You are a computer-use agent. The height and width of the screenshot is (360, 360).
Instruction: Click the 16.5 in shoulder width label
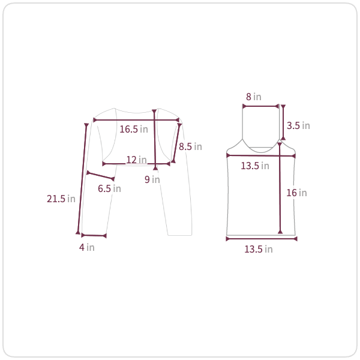(x=134, y=129)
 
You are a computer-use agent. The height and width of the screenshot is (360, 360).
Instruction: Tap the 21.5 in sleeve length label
(x=61, y=199)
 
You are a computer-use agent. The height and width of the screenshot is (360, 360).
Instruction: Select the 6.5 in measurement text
(x=109, y=188)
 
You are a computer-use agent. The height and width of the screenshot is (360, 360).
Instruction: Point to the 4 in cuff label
(x=87, y=247)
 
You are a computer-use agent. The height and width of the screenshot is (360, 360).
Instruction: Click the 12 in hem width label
(x=136, y=160)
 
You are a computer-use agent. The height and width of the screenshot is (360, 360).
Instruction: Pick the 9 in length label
(x=152, y=179)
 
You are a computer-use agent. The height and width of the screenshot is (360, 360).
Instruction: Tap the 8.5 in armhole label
(x=190, y=146)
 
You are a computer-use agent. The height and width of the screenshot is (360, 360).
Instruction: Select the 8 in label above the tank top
(x=254, y=97)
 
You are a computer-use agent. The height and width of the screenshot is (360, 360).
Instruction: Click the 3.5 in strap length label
(x=298, y=125)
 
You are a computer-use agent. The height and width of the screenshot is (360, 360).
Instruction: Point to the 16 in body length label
(x=296, y=193)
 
